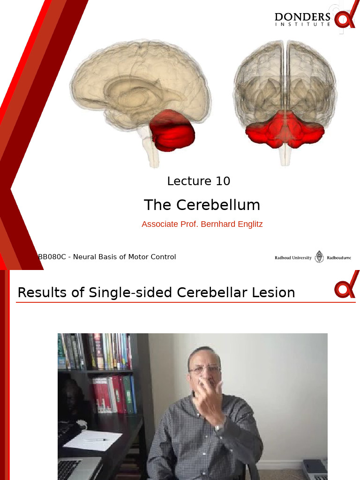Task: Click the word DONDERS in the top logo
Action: [x=302, y=17]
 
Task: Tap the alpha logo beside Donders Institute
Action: [x=346, y=19]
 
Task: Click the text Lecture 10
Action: [x=199, y=181]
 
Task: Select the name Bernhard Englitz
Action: [x=232, y=224]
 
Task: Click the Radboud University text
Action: [x=293, y=258]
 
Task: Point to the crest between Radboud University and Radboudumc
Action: [x=319, y=257]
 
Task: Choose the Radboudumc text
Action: [x=338, y=258]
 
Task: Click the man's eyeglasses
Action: [x=205, y=369]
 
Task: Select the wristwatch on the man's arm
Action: [x=218, y=427]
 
